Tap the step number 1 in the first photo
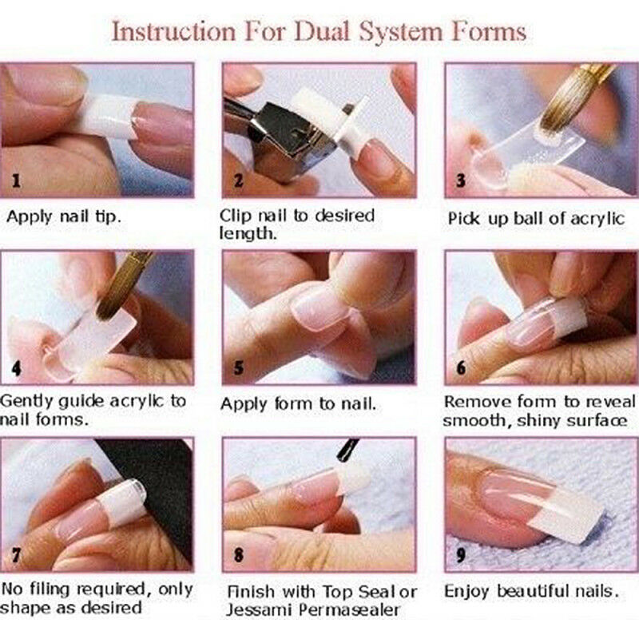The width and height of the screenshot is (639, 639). click(x=15, y=181)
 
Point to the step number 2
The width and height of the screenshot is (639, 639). click(x=237, y=181)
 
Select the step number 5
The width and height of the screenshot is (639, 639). click(x=237, y=368)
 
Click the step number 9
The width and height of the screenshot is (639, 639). click(x=460, y=554)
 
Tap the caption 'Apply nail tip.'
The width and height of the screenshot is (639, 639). click(x=63, y=216)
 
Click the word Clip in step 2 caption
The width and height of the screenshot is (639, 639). click(x=236, y=216)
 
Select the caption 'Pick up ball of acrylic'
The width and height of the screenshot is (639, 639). click(x=536, y=218)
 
